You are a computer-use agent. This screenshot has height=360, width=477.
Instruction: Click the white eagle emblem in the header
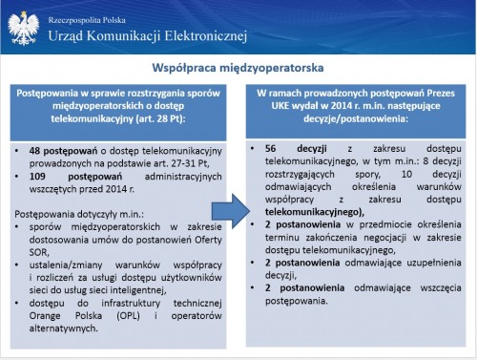(x=24, y=28)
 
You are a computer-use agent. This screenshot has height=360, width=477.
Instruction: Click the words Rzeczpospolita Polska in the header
(x=87, y=20)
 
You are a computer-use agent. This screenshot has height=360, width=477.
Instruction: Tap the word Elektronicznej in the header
(x=206, y=35)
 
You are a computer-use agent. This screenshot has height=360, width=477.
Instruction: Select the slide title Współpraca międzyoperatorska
(x=238, y=68)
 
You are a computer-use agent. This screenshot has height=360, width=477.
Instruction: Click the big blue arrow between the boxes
(x=231, y=212)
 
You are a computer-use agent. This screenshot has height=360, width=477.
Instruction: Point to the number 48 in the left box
(x=34, y=151)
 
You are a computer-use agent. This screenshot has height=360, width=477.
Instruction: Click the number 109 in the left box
(x=37, y=176)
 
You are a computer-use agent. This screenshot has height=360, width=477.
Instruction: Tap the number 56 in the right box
(x=271, y=148)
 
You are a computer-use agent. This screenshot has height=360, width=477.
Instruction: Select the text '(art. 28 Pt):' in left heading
(x=160, y=118)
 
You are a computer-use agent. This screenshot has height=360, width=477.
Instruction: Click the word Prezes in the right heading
(x=441, y=93)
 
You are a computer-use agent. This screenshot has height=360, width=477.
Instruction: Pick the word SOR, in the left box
(x=39, y=252)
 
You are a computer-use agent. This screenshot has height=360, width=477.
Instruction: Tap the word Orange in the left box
(x=45, y=316)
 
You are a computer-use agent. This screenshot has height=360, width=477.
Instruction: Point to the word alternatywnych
(x=63, y=328)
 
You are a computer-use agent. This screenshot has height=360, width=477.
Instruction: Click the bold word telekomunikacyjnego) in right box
(x=315, y=212)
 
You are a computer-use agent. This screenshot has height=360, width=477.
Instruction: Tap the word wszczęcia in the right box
(x=441, y=288)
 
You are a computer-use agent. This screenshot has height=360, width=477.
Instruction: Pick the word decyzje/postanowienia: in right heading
(x=356, y=118)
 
